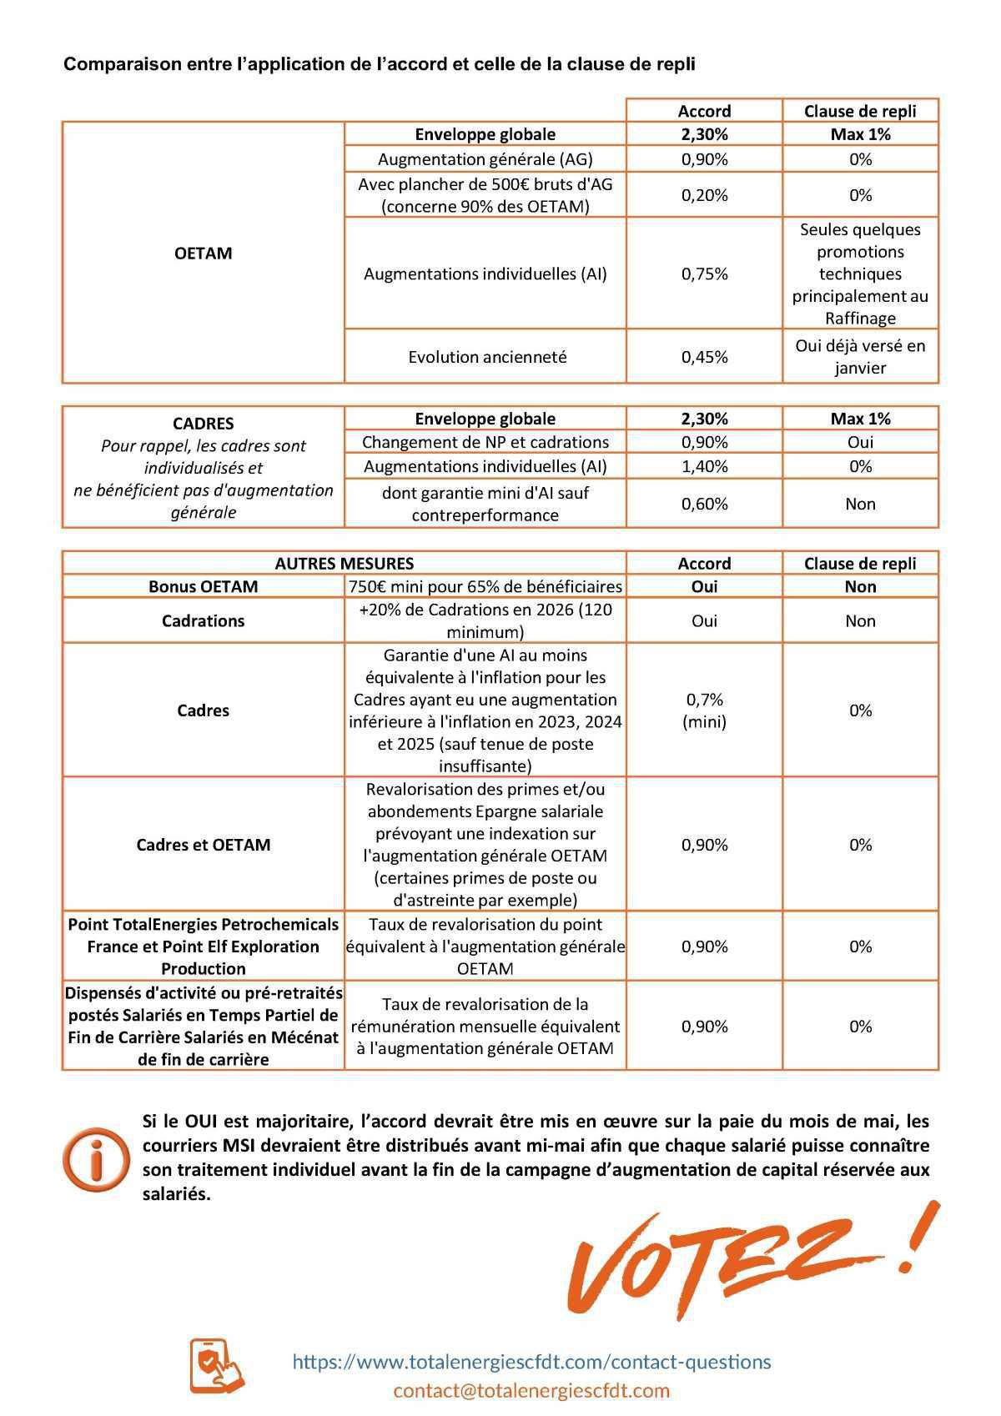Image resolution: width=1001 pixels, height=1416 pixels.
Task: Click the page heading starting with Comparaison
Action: coord(379,64)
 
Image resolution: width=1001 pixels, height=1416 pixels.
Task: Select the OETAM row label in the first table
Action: coord(203,254)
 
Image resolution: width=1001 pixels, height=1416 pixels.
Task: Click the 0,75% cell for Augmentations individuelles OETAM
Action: coord(704,274)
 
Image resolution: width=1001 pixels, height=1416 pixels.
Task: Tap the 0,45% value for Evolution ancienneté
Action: coord(704,357)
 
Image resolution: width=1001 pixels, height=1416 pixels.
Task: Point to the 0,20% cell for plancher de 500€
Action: coord(704,195)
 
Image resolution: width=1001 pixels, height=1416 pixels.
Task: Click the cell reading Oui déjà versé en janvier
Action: coord(860,356)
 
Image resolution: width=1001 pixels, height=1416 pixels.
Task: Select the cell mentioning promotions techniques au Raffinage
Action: coord(860,274)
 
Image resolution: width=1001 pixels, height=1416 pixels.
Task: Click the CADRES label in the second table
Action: coord(203,424)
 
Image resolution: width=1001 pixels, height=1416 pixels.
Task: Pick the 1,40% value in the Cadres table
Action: coord(704,466)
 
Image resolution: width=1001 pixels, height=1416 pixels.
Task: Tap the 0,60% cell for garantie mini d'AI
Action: coord(704,504)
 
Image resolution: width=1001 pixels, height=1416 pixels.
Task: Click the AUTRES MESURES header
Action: coord(344,564)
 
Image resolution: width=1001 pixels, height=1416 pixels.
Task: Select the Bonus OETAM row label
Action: coord(203,586)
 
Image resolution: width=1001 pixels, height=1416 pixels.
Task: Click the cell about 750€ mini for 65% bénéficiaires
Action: coord(485,586)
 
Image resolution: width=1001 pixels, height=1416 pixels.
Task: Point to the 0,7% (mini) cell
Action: coord(704,711)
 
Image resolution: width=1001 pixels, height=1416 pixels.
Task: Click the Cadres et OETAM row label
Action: coord(203,845)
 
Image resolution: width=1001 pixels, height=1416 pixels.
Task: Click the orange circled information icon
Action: coord(97,1158)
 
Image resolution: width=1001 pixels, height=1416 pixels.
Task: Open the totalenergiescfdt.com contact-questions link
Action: coord(531,1362)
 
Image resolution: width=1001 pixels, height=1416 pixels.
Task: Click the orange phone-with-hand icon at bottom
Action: coord(216,1365)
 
